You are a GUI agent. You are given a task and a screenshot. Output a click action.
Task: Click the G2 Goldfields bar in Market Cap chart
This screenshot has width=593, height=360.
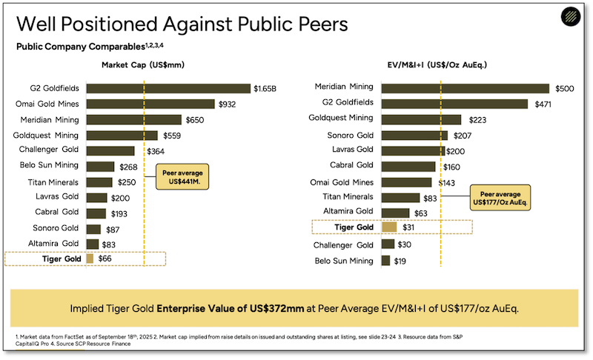tap(168, 89)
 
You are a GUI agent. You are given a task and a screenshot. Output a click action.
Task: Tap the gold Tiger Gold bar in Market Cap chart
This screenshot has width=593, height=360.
tap(90, 259)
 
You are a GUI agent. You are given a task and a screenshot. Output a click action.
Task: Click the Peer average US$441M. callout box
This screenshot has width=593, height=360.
tap(182, 177)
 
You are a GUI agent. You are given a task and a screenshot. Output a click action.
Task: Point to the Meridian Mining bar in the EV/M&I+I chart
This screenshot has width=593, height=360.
tap(465, 89)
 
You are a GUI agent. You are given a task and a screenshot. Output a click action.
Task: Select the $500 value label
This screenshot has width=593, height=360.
tap(564, 89)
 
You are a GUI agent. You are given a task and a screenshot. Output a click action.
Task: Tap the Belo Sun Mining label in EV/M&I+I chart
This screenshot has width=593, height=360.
tap(344, 261)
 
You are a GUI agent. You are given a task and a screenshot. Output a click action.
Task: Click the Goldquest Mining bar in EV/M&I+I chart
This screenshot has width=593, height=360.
tap(420, 120)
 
